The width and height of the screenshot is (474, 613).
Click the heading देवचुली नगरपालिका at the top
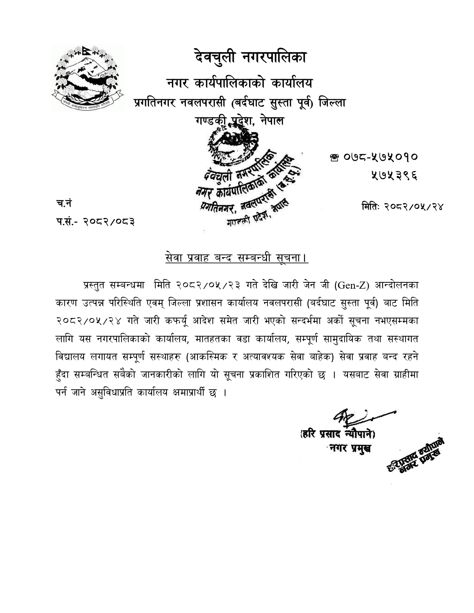tap(250, 58)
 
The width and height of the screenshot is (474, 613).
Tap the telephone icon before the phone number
tap(333, 158)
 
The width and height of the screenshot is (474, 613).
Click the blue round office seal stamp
tap(245, 178)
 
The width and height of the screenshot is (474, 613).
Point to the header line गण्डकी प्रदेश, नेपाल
tap(239, 121)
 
